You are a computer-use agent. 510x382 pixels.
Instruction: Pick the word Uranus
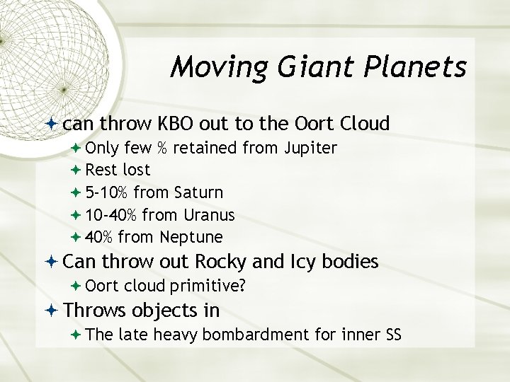[208, 214]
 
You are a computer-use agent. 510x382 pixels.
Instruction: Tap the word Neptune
[191, 236]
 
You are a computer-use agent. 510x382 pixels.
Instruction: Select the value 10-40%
[112, 214]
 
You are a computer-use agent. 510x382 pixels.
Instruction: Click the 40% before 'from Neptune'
[99, 236]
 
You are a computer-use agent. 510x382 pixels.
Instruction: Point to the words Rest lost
[118, 170]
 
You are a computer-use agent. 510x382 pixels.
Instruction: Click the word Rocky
[221, 262]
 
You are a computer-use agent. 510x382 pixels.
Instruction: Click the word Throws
[94, 310]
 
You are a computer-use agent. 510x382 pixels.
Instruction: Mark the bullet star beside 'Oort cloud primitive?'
[76, 286]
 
